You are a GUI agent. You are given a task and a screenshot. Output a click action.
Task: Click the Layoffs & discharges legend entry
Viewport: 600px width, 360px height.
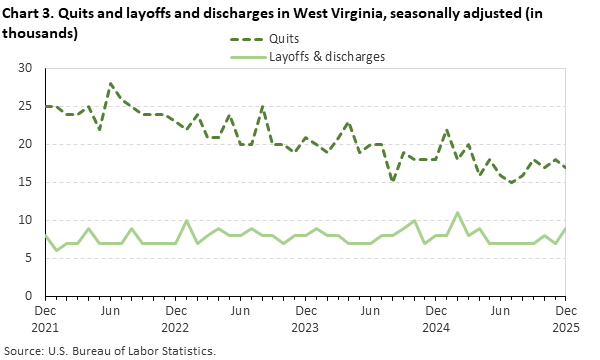click(325, 57)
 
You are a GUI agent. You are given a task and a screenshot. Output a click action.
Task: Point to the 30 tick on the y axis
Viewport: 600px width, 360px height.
click(26, 68)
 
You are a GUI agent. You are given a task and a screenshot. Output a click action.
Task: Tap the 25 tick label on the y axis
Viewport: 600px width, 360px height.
click(26, 106)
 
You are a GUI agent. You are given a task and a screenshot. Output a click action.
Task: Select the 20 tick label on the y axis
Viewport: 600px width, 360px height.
click(26, 144)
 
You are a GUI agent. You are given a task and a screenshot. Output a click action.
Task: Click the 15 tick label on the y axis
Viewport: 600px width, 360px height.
click(26, 182)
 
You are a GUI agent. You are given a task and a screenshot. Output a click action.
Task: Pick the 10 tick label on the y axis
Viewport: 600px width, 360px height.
click(26, 220)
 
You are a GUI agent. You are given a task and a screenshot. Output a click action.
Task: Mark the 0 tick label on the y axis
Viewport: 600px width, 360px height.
click(30, 296)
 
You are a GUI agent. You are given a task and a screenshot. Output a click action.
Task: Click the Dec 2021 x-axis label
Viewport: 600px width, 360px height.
click(46, 319)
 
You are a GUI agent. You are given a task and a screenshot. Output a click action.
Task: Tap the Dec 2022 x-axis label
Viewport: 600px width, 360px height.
click(175, 319)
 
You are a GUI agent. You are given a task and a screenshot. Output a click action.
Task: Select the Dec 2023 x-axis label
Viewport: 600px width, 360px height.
click(304, 319)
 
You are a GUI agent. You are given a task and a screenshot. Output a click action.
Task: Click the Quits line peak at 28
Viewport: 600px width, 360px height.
click(110, 84)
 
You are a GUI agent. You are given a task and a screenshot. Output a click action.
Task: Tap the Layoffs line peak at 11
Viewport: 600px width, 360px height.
click(457, 213)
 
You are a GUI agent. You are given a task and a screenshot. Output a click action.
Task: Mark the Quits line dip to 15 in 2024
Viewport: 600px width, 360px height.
click(393, 182)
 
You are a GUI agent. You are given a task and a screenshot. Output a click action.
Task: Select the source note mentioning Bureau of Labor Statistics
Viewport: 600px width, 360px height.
click(110, 350)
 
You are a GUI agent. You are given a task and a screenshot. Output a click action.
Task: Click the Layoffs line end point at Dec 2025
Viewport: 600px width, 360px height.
click(565, 228)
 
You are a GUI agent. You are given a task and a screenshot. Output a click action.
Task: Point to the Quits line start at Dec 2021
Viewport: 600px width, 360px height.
click(45, 106)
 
